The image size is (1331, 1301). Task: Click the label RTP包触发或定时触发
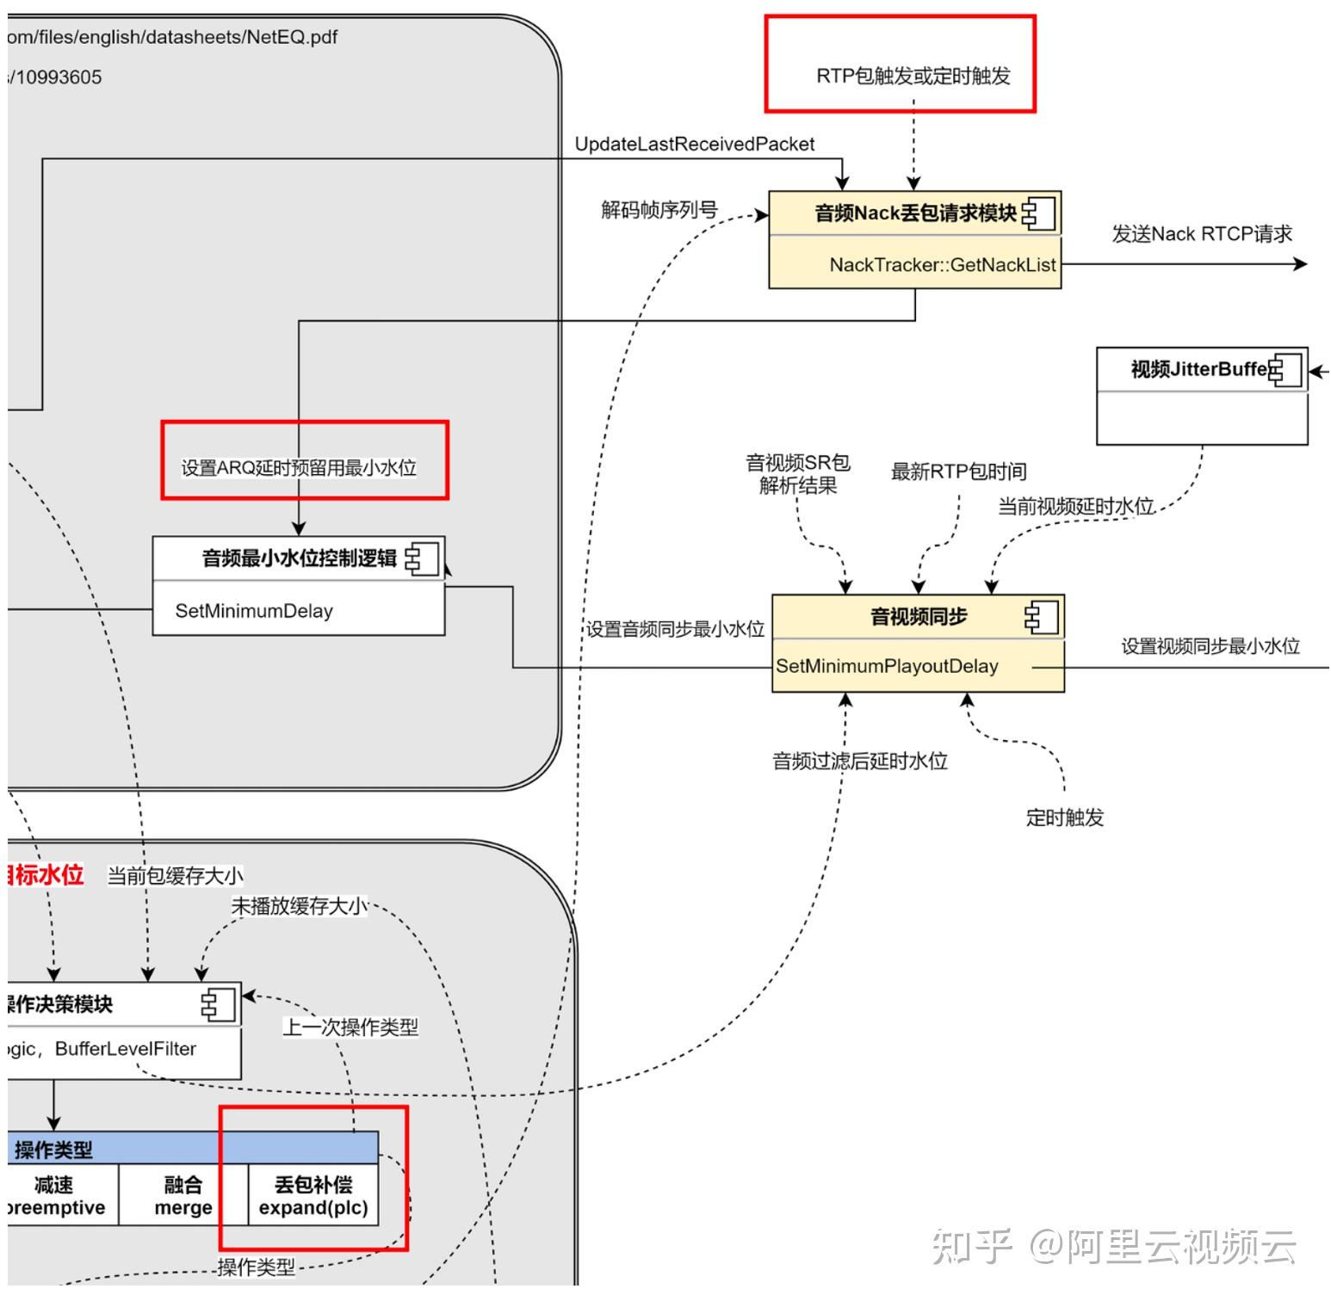(x=913, y=76)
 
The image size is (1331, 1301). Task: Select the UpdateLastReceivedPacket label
(x=694, y=144)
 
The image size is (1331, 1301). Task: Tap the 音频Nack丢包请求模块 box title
(x=914, y=213)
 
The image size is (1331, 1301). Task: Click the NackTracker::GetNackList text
(x=942, y=265)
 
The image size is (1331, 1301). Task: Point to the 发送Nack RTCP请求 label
(x=1202, y=234)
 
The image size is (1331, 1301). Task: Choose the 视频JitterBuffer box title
(x=1200, y=369)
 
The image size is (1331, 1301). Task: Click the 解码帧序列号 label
(x=659, y=210)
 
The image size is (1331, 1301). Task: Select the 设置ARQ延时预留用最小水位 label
(x=299, y=467)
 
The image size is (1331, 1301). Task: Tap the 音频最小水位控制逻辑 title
(x=299, y=558)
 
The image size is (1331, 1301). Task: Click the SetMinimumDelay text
(x=254, y=611)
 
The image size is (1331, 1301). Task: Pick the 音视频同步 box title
(x=918, y=617)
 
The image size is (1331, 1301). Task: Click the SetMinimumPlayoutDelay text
(x=887, y=666)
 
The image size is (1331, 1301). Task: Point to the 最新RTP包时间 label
(x=958, y=472)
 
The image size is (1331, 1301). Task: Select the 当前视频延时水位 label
(x=1075, y=506)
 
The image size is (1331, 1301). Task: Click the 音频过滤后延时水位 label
(x=859, y=761)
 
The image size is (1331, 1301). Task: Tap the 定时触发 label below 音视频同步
(x=1064, y=817)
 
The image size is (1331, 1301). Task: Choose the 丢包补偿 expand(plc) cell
(x=313, y=1196)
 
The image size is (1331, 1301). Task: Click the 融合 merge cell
(x=183, y=1196)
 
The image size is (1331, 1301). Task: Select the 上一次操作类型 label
(x=350, y=1027)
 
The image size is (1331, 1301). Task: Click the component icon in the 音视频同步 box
(x=1041, y=617)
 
